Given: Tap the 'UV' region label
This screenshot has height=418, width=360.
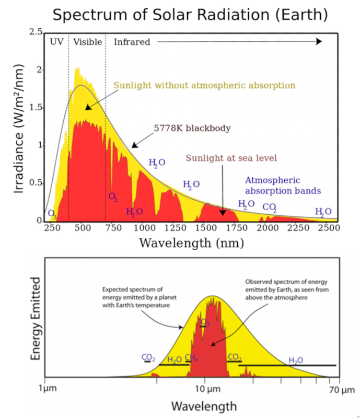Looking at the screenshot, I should point(56,42).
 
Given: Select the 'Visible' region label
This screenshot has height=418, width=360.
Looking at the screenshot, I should point(87,42).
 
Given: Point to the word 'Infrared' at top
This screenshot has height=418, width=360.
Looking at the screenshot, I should point(132,42).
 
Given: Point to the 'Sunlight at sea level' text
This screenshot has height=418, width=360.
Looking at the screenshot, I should point(231,158).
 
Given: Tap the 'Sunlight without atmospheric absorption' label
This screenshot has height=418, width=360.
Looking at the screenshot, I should point(204,85).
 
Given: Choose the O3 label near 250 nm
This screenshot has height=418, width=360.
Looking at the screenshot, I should point(52,213).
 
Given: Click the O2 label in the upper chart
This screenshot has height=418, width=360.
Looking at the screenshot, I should point(112,196).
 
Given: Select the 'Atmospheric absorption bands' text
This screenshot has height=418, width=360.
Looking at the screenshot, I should point(283,185).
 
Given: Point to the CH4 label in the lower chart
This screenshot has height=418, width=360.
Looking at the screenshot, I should point(191,358).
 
